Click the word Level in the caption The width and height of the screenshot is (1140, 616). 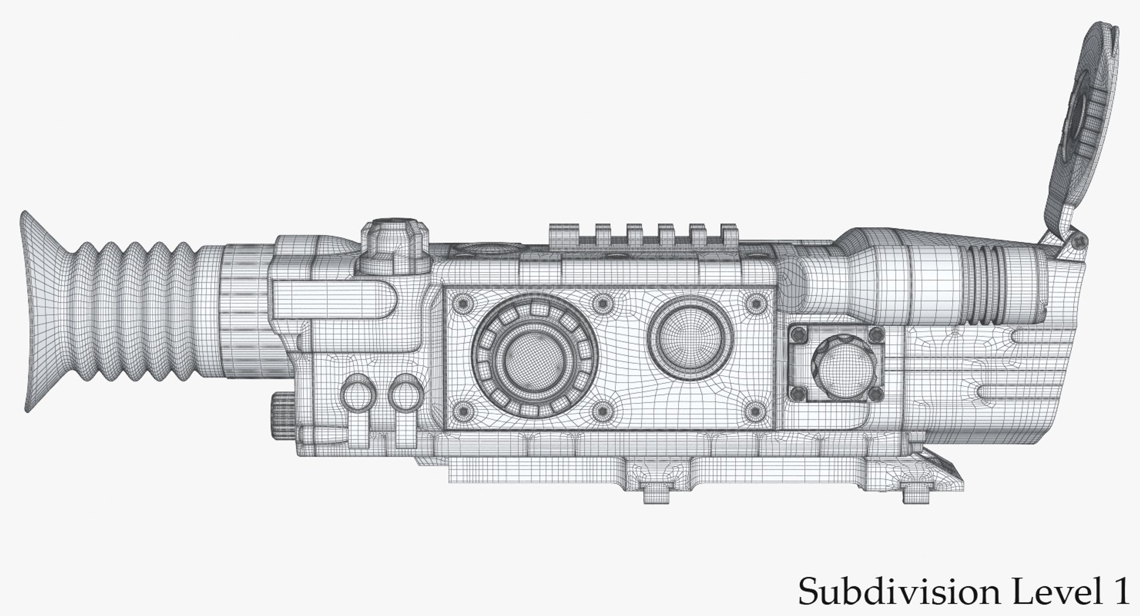[x=1030, y=592]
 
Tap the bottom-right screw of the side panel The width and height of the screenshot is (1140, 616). [x=755, y=409]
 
